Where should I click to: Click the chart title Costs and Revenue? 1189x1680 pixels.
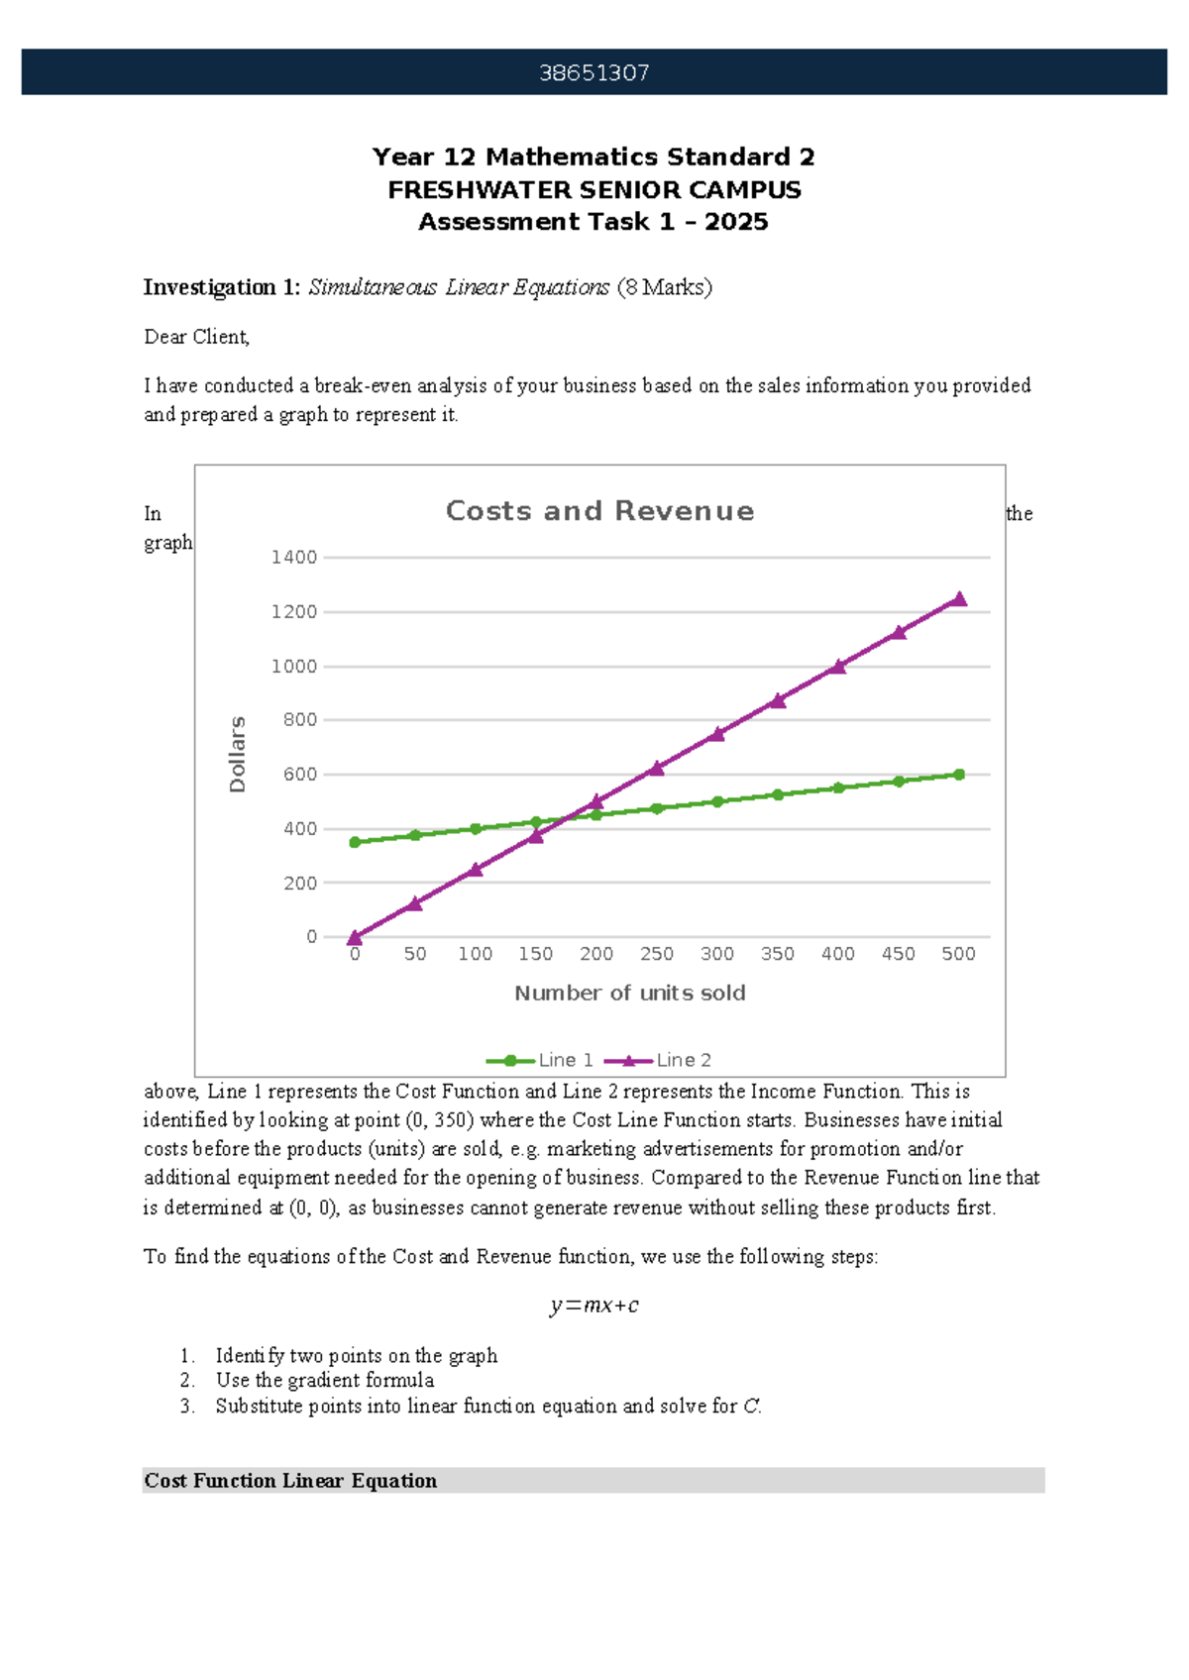point(599,511)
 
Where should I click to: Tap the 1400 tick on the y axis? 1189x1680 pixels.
point(294,558)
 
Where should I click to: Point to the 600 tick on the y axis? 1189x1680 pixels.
point(299,775)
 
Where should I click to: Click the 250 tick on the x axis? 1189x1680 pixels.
point(656,954)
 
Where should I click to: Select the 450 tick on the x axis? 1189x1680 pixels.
point(898,954)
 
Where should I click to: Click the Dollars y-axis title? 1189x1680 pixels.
point(238,754)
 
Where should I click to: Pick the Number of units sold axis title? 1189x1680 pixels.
point(629,994)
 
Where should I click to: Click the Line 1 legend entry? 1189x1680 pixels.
point(540,1060)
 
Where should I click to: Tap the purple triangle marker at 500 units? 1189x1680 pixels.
point(958,599)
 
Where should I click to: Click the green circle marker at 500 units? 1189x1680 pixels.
point(958,775)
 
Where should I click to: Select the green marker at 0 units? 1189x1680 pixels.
point(355,842)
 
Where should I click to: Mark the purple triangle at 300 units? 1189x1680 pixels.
point(716,734)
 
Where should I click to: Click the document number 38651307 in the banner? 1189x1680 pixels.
point(594,72)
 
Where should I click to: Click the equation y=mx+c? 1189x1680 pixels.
point(594,1306)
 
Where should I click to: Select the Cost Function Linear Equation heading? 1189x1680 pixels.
point(290,1481)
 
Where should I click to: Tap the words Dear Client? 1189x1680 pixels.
point(196,338)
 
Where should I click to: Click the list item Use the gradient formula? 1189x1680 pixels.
point(324,1380)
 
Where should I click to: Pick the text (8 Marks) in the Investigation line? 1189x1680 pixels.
point(664,288)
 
